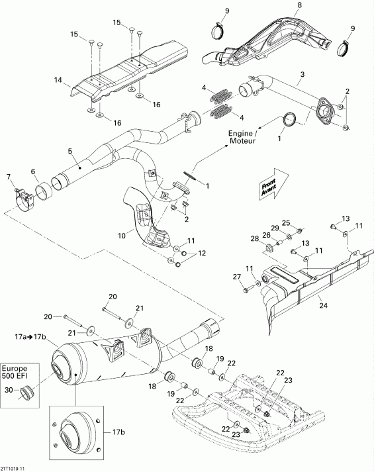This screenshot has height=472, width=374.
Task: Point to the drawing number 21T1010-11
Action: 14,467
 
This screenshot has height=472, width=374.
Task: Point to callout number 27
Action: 235,277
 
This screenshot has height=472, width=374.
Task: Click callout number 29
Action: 275,228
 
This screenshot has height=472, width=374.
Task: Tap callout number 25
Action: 286,222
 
